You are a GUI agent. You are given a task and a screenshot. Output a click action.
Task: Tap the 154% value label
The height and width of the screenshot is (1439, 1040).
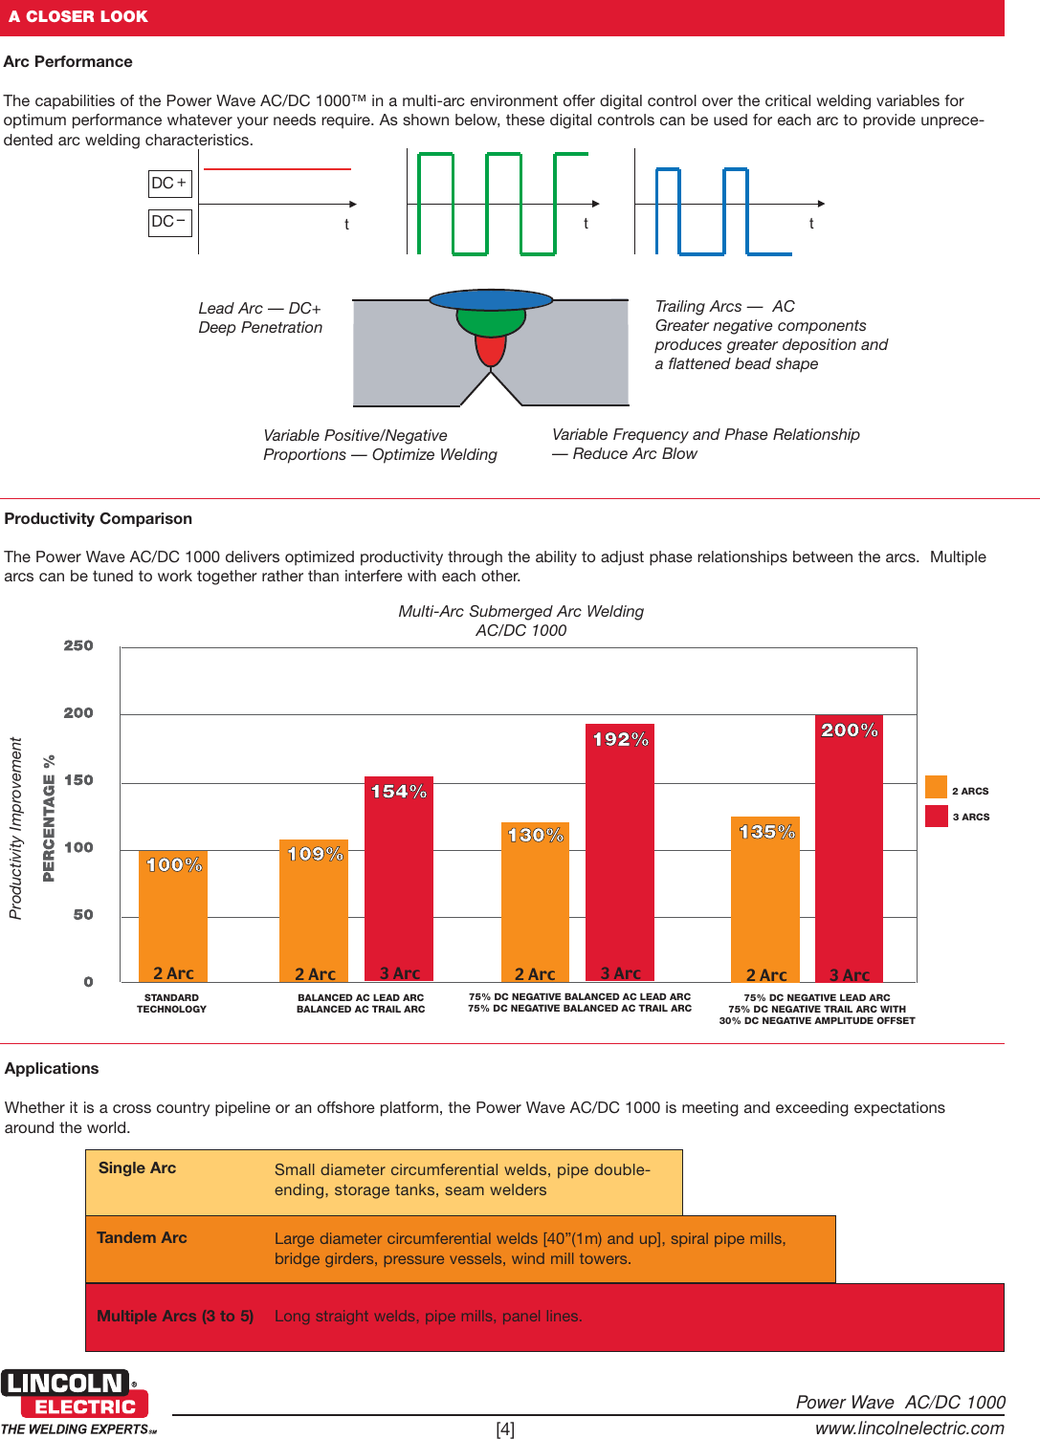click(398, 792)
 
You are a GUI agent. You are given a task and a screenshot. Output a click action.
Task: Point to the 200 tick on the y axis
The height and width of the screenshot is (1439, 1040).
click(78, 713)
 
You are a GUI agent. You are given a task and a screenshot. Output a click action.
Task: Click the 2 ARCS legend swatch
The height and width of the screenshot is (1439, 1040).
click(936, 787)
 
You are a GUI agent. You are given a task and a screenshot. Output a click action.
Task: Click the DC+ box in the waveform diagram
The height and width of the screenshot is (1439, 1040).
click(170, 184)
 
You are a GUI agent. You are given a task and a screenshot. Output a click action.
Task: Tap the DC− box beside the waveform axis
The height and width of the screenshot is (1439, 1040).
click(170, 222)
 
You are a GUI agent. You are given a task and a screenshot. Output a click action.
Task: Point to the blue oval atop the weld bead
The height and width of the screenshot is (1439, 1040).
click(491, 299)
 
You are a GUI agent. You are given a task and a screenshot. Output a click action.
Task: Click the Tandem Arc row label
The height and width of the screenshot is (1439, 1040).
click(142, 1238)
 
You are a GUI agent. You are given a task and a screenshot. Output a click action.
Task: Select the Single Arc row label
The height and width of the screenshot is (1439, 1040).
click(137, 1168)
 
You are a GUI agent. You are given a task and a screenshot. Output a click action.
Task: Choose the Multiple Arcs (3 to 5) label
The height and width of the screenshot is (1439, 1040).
click(175, 1317)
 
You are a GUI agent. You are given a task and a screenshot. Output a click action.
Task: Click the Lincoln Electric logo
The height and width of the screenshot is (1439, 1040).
click(75, 1395)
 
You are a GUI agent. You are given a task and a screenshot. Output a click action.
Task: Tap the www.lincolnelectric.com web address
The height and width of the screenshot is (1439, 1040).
click(909, 1428)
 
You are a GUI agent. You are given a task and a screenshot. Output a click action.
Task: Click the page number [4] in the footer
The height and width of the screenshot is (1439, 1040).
click(505, 1429)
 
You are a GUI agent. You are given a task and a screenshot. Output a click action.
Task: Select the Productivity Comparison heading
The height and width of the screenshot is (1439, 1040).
click(99, 519)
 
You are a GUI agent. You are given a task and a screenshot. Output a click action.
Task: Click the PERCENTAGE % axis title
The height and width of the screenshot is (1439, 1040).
click(49, 818)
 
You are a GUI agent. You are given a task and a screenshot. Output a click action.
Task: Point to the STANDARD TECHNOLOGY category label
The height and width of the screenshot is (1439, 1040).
click(171, 1003)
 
